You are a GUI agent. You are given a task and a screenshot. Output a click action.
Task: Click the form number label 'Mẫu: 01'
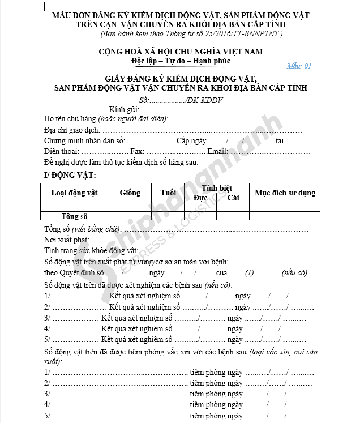(x=299, y=66)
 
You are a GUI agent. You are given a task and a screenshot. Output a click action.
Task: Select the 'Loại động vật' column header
(x=74, y=193)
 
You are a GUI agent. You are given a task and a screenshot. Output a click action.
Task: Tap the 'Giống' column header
(x=130, y=193)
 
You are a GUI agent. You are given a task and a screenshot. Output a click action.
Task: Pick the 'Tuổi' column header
(x=168, y=193)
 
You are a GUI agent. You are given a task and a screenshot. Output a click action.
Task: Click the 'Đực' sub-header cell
(x=200, y=198)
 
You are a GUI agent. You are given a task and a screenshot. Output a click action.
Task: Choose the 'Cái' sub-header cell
(x=233, y=198)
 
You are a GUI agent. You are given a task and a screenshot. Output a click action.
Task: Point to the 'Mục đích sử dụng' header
(x=285, y=193)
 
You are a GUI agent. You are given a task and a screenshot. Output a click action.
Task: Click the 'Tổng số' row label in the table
(x=75, y=216)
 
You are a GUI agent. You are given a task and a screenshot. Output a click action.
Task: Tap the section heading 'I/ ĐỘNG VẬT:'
(x=70, y=174)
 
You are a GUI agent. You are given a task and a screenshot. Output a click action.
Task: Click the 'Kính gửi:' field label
(x=124, y=109)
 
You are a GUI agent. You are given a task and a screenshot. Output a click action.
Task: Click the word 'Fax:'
(x=138, y=152)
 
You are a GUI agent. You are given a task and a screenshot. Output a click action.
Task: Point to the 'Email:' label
(x=217, y=152)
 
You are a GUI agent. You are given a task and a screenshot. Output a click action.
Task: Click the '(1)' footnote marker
(x=249, y=272)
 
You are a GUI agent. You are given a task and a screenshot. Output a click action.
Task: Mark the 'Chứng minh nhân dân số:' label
(x=85, y=140)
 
